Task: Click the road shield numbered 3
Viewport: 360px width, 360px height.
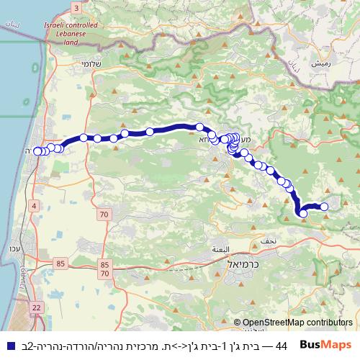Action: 76,7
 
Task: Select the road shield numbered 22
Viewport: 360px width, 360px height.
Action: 35,307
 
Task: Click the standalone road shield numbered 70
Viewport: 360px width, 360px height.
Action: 104,215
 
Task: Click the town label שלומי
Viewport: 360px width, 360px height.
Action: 108,63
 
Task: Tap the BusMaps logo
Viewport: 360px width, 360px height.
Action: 327,344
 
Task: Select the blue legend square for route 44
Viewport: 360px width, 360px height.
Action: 8,346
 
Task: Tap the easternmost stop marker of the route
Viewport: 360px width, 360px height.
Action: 324,207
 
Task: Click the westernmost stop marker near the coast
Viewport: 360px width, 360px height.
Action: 37,151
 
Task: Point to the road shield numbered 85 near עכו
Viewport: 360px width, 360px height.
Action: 60,264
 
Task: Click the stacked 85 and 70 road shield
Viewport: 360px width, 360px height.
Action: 105,269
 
